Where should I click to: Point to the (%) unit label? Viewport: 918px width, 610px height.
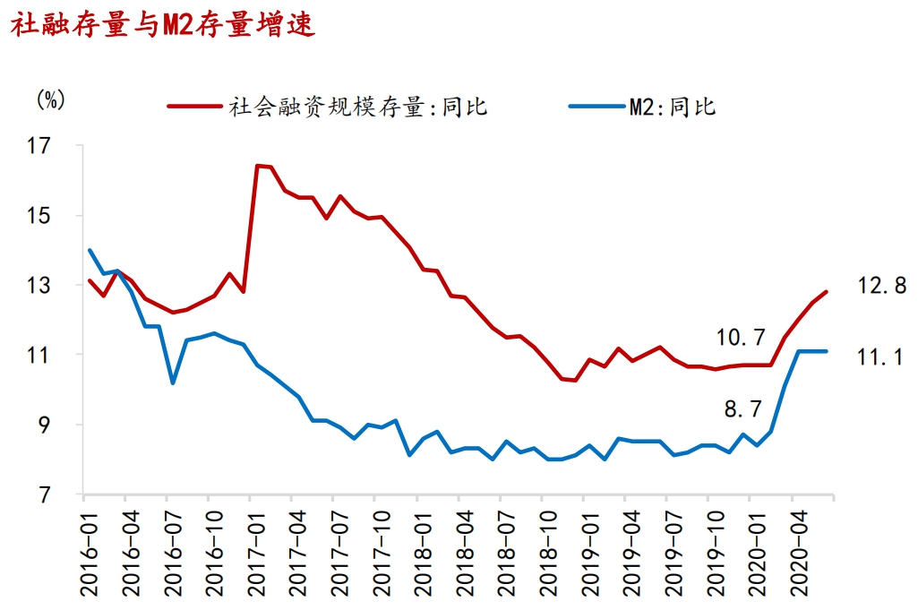tap(51, 99)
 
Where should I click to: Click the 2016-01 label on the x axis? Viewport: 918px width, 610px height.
tap(87, 551)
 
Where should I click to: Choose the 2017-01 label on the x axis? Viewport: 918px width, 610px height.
tap(253, 551)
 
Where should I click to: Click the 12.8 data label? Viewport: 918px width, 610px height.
tap(882, 286)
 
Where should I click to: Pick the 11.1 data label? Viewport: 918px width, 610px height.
tap(882, 357)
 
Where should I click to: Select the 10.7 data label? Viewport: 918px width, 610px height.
tap(741, 338)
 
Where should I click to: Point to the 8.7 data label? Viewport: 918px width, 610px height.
tap(743, 409)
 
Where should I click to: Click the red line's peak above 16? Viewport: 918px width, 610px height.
tap(257, 166)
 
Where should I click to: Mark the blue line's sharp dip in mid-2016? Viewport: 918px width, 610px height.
tap(173, 383)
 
